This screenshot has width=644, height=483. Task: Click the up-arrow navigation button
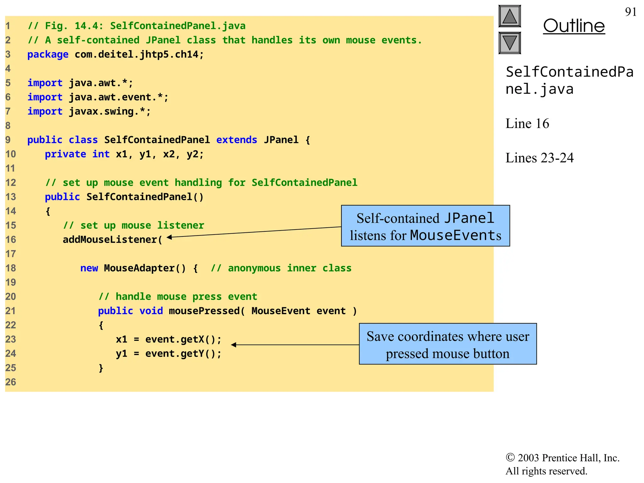click(x=510, y=16)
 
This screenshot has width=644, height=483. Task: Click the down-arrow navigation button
click(x=510, y=43)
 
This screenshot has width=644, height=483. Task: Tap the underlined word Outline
click(x=574, y=26)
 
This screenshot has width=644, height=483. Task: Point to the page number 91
click(x=630, y=12)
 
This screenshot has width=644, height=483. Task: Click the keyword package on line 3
click(x=48, y=54)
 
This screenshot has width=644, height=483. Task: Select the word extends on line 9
click(x=236, y=140)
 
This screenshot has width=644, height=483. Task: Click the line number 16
click(x=10, y=240)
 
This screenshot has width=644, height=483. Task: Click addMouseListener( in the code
click(x=112, y=240)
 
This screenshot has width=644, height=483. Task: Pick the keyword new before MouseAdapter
click(x=89, y=268)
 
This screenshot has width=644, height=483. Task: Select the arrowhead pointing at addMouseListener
click(x=169, y=237)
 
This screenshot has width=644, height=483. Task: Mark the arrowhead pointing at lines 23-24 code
click(x=233, y=345)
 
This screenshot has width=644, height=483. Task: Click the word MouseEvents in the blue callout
click(x=456, y=235)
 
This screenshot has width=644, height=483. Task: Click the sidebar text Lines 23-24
click(x=539, y=158)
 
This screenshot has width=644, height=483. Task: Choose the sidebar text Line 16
click(x=527, y=124)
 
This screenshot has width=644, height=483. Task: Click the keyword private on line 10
click(x=65, y=154)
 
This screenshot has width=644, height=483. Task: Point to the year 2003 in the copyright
click(x=528, y=458)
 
